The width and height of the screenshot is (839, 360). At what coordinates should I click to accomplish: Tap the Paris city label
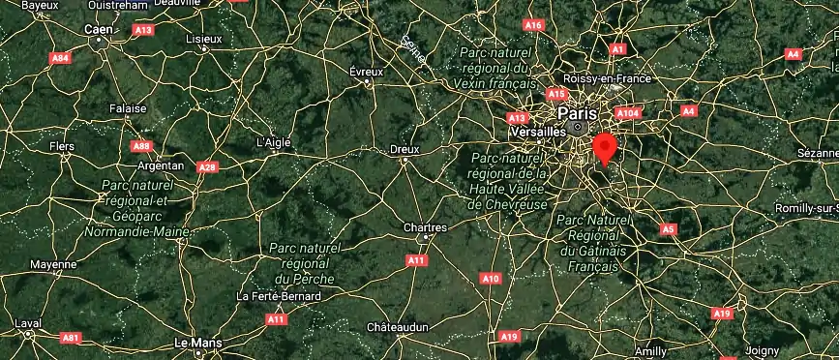tap(578, 112)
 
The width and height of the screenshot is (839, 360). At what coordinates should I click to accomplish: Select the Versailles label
tap(537, 131)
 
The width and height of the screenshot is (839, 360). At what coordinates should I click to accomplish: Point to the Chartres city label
tap(424, 228)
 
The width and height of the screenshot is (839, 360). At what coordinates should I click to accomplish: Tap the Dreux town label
tap(404, 149)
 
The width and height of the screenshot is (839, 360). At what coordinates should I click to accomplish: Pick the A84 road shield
tap(60, 58)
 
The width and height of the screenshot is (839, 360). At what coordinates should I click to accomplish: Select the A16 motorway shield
tap(533, 24)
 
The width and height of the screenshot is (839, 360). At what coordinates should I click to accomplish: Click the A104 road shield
tap(628, 112)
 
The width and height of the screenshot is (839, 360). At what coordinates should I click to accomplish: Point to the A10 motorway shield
tap(492, 279)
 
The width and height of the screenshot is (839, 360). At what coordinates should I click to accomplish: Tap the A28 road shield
tap(207, 167)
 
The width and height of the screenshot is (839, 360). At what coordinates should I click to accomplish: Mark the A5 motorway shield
tap(668, 229)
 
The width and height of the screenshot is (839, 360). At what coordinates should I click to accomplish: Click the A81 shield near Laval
tap(70, 338)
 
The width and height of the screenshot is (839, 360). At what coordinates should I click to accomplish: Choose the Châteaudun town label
tap(397, 328)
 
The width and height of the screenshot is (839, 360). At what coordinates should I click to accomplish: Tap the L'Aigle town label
tap(274, 141)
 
